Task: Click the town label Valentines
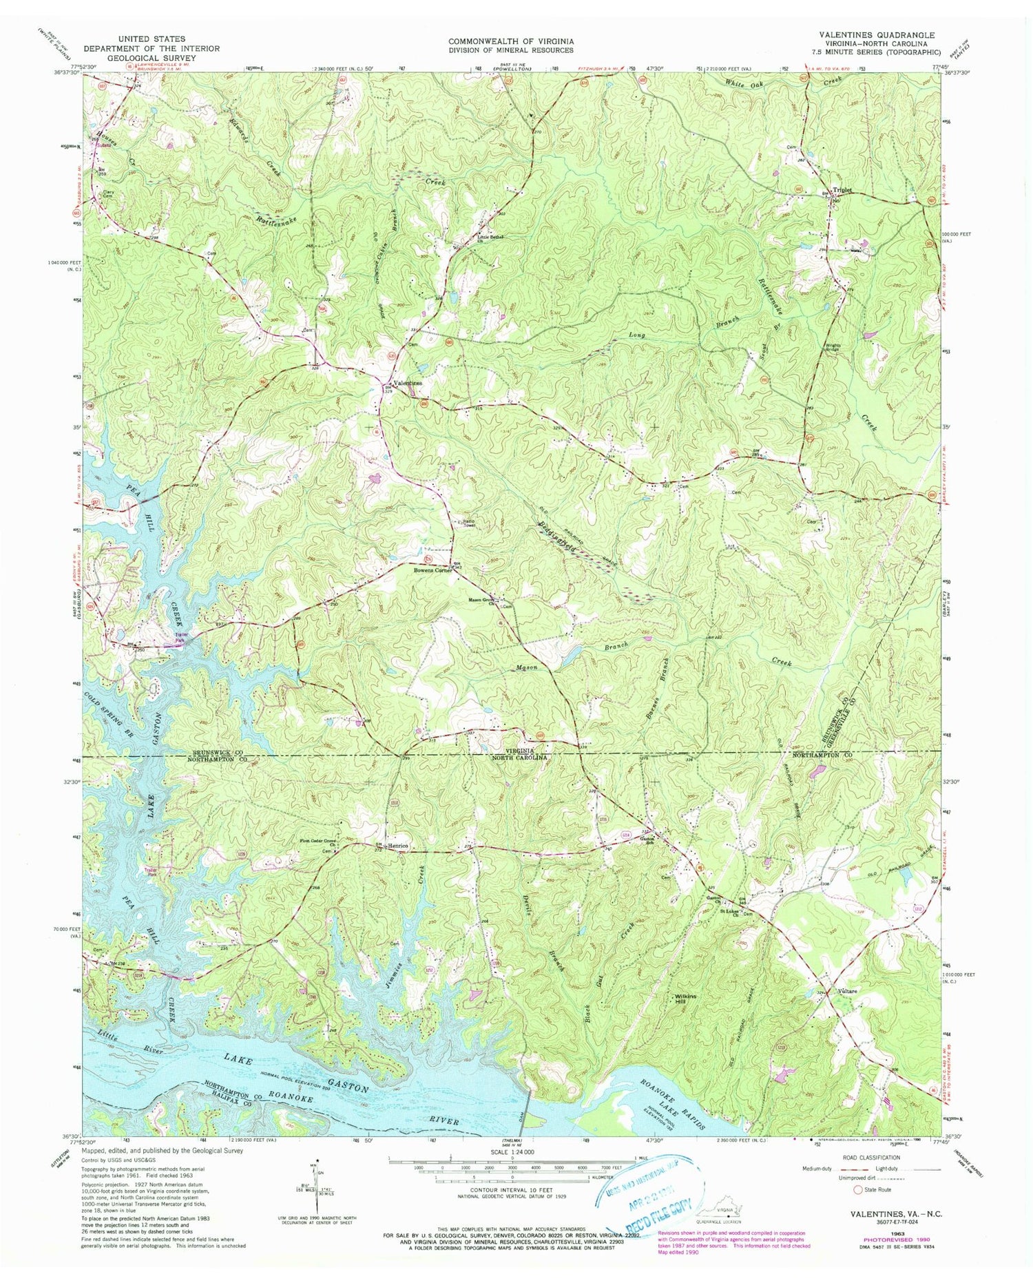tap(407, 383)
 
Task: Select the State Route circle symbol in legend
tap(857, 1189)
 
